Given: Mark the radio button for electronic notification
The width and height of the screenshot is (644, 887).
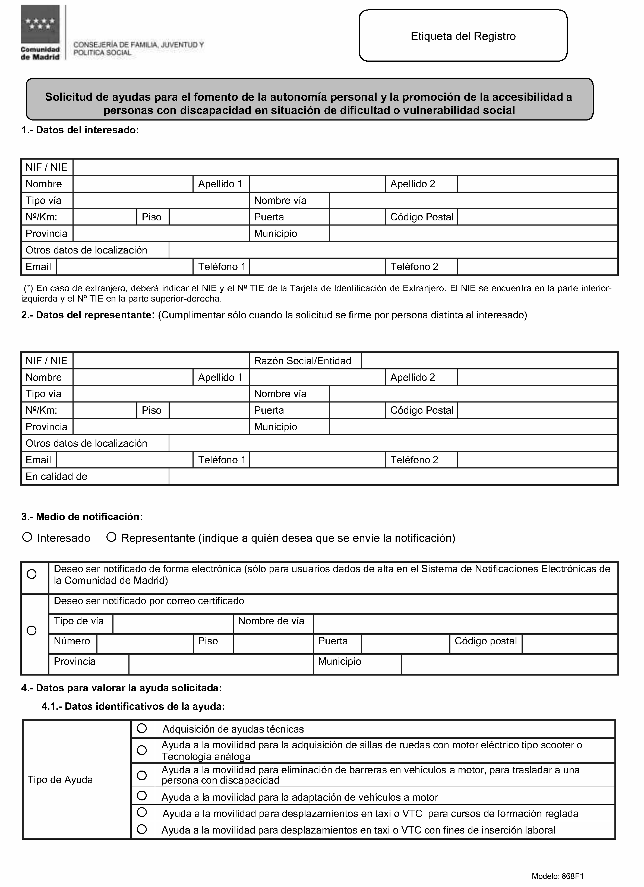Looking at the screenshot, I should pos(32,574).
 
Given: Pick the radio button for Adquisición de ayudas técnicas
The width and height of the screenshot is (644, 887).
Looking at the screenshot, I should pos(142,728).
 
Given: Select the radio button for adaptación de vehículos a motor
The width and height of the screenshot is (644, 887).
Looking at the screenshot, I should pos(142,796).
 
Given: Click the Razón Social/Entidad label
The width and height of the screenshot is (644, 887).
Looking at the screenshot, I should pos(302,361).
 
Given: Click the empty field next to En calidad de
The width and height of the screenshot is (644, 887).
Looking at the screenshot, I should pos(393,476).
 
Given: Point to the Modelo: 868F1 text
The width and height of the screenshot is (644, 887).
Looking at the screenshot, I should pos(557,876).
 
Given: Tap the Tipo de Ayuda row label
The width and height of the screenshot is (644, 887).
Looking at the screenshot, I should pos(60,780).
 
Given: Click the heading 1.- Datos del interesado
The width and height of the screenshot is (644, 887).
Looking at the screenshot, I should pos(80,130).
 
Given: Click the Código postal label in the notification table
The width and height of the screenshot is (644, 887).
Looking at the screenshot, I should pos(485,641).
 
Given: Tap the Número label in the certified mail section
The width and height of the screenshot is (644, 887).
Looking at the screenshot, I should pos(72,641).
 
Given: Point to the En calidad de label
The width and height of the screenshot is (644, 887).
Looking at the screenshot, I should pos(56,476).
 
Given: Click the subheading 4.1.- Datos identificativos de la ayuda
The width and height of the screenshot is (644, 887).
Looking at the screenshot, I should pos(133,706).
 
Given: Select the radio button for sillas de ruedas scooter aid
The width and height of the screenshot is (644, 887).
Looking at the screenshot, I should pos(142,750).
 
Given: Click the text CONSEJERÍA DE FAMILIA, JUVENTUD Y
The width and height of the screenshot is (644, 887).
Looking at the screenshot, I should pos(138,45).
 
